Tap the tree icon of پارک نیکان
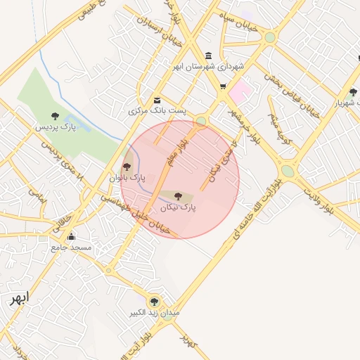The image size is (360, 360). point(176,195)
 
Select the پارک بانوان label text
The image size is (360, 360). point(127,179)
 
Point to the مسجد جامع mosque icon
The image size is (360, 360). point(71,237)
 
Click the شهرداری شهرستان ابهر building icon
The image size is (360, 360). point(208,56)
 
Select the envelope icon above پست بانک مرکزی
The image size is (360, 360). point(156,100)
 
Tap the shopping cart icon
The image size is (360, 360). point(223,86)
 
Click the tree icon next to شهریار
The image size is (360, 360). point(353,92)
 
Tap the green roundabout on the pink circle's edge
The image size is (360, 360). point(201,122)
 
